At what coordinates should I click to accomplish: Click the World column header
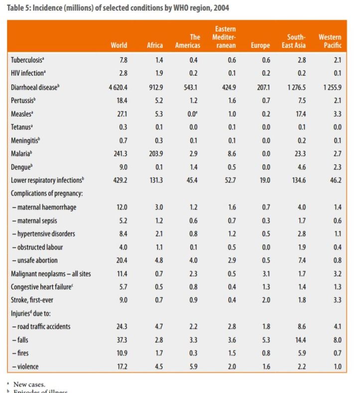tap(119, 45)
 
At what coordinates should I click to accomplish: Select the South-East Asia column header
tap(296, 41)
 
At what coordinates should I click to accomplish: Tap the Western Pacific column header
tap(330, 41)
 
